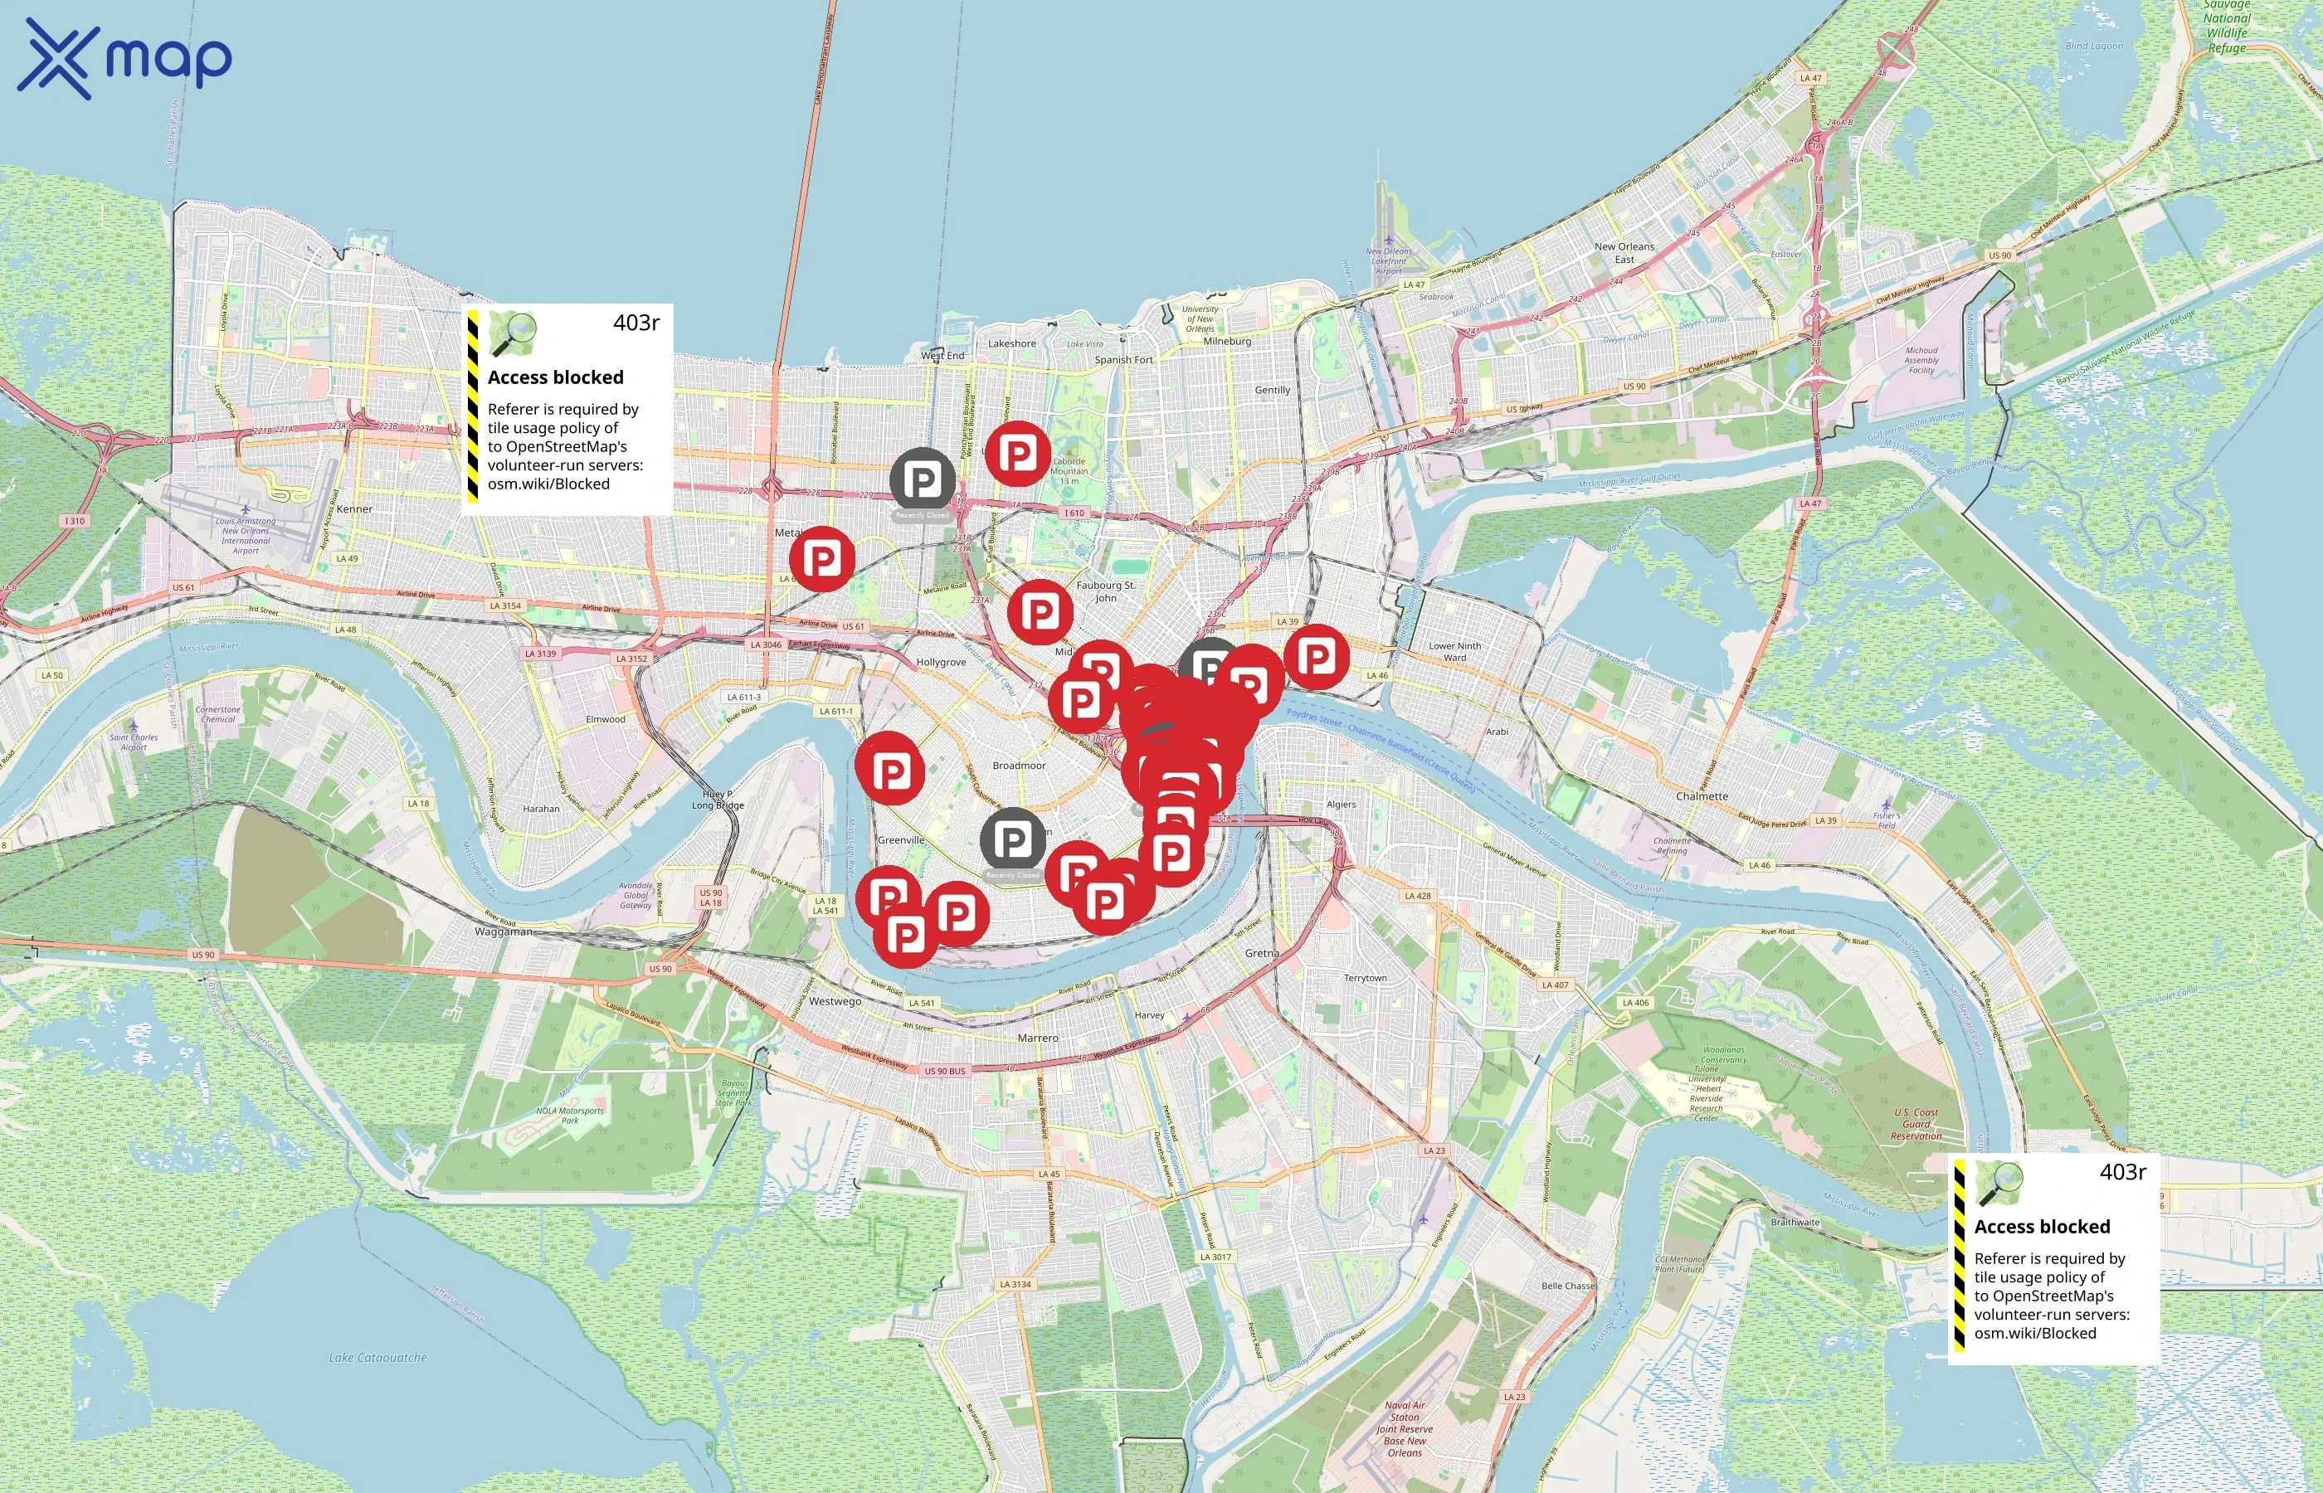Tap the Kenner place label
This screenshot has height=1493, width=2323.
tap(354, 509)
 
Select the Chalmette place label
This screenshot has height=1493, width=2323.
tap(1702, 796)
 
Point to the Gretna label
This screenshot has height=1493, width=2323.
tap(1261, 953)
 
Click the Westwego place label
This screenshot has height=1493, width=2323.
tap(835, 1000)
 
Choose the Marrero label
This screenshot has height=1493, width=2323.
tap(1037, 1038)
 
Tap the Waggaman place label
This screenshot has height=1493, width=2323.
tap(504, 931)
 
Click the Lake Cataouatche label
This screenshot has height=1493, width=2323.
tap(377, 1357)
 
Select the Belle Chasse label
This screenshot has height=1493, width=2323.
tap(1568, 1286)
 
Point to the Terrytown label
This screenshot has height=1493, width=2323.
tap(1365, 977)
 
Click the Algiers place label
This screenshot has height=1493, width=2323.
tap(1341, 804)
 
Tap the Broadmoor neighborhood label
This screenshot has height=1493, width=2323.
tap(1019, 765)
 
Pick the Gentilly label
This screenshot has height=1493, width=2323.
tap(1272, 390)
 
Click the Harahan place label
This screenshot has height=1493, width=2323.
tap(541, 808)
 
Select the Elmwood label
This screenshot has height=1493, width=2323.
tap(605, 718)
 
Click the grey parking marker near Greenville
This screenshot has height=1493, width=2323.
tap(1012, 839)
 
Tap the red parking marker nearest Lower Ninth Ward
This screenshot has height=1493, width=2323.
tap(1316, 657)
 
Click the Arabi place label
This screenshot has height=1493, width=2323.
tap(1497, 731)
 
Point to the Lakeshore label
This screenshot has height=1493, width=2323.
tap(1011, 343)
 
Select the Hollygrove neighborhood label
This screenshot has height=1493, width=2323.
tap(941, 662)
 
